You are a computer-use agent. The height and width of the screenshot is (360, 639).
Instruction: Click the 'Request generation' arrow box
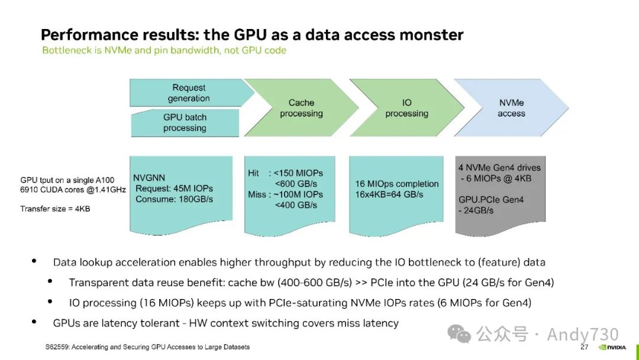(x=189, y=93)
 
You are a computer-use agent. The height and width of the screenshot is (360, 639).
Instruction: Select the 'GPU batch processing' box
(x=185, y=123)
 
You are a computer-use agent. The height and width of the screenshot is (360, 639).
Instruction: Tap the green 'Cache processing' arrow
(x=301, y=108)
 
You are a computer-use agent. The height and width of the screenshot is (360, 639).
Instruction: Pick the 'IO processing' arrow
(x=406, y=108)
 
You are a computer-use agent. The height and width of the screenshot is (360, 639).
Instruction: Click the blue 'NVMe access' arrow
(x=511, y=108)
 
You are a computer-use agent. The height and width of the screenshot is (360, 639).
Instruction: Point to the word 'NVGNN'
(x=149, y=178)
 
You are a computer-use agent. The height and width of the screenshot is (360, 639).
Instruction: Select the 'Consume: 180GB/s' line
(x=174, y=199)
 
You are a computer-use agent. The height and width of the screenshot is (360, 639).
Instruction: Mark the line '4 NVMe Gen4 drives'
(x=499, y=168)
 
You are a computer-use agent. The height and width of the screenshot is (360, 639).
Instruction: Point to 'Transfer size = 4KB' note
(x=55, y=208)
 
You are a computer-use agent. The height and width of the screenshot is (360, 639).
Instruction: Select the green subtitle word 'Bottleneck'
(x=66, y=50)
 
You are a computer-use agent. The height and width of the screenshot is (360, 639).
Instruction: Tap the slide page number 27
(x=584, y=347)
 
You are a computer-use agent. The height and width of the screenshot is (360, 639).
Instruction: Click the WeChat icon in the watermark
(x=459, y=334)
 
